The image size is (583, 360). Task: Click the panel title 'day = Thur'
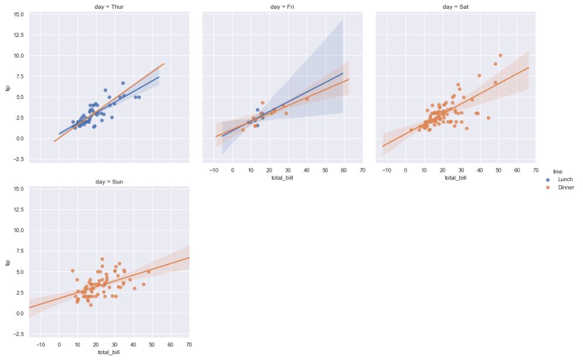(x=109, y=6)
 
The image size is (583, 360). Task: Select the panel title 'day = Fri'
(x=282, y=6)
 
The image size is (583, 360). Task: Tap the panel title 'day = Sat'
(x=456, y=6)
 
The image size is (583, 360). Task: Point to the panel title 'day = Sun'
(x=109, y=182)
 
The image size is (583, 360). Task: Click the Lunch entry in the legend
(x=565, y=179)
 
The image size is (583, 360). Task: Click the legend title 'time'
(x=558, y=171)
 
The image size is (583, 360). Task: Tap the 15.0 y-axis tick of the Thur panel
(x=18, y=14)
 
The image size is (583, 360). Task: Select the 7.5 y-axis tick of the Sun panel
(x=19, y=251)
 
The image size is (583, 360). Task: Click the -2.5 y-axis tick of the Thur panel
(x=18, y=159)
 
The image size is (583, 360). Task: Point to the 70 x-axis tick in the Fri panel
(x=362, y=170)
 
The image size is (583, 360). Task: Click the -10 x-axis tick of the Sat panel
(x=387, y=170)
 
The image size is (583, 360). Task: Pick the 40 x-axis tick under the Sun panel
(x=133, y=345)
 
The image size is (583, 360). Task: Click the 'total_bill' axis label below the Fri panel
(x=282, y=177)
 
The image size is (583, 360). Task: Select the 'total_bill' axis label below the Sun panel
(x=109, y=352)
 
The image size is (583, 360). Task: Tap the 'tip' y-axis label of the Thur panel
(x=8, y=88)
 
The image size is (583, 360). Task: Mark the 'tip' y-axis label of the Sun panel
(x=8, y=263)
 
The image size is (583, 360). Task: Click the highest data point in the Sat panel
(x=500, y=56)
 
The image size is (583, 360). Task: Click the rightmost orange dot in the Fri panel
(x=307, y=99)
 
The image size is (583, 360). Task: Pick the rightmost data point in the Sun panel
(x=148, y=271)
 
